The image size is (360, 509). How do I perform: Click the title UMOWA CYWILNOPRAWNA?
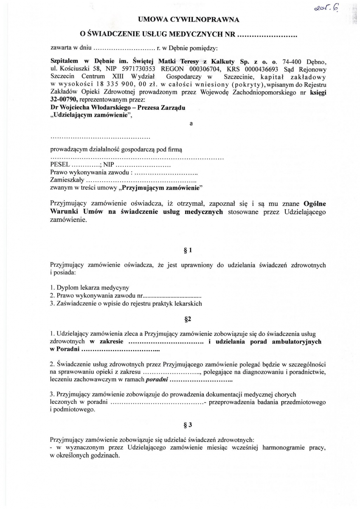pos(188,20)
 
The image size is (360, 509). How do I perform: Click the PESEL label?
pos(59,165)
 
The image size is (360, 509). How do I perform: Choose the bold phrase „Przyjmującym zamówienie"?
pos(162,187)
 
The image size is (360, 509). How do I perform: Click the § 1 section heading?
pos(188,250)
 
